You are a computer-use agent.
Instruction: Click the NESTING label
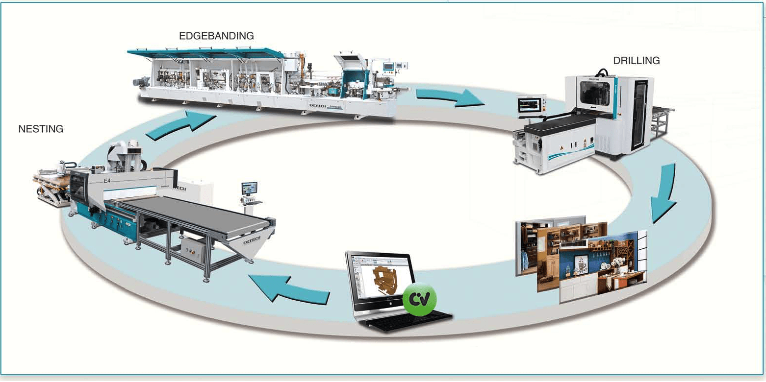click(x=41, y=129)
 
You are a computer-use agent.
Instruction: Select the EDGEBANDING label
click(x=216, y=36)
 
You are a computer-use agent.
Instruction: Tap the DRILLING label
click(x=636, y=61)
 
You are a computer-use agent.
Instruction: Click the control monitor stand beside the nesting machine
click(x=249, y=195)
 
